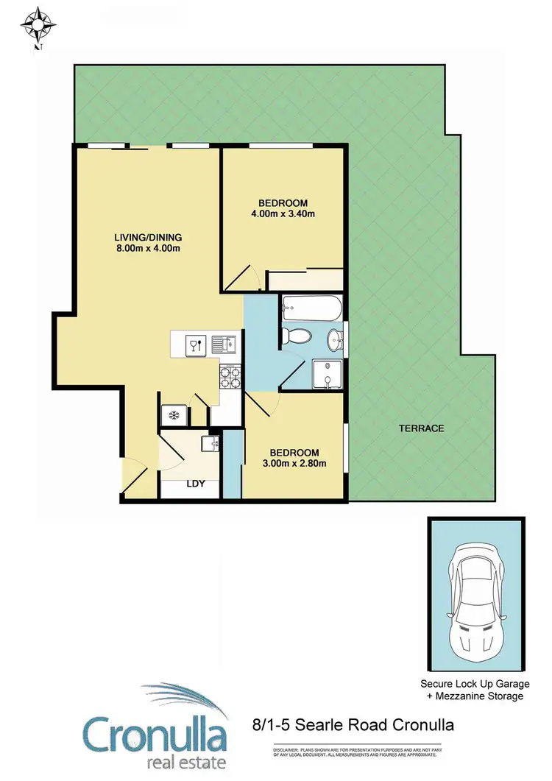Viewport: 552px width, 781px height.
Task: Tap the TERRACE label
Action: pyautogui.click(x=421, y=428)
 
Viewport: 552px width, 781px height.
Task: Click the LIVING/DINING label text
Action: pyautogui.click(x=147, y=237)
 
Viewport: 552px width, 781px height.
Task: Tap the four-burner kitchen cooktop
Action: pyautogui.click(x=230, y=378)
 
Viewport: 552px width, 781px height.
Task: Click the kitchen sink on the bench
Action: pyautogui.click(x=222, y=344)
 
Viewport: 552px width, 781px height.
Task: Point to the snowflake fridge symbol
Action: pyautogui.click(x=174, y=416)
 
